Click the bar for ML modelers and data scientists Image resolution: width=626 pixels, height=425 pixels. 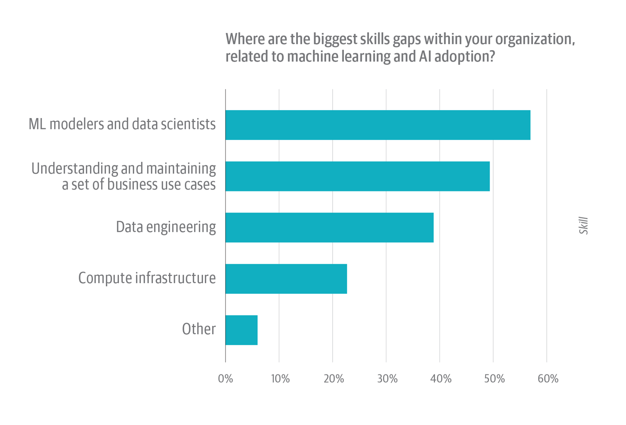pos(378,125)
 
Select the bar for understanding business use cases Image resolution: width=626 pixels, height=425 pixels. pos(358,176)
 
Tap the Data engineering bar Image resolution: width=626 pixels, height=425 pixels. pos(330,227)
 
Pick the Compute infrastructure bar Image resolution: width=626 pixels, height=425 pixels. pos(286,279)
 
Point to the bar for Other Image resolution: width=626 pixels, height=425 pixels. pos(241,330)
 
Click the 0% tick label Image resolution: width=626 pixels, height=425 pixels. pos(225,379)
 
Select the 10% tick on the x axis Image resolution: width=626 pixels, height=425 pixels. pos(280,379)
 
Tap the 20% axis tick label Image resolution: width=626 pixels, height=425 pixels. pos(334,379)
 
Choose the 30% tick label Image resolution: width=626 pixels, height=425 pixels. pos(387,379)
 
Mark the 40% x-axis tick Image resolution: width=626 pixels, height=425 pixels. pos(440,379)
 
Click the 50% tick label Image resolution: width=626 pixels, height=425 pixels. pos(494,379)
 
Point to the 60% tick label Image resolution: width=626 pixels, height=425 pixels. pos(548,379)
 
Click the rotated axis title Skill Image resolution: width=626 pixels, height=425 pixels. pos(584,225)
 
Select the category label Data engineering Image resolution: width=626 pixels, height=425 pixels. pos(166,227)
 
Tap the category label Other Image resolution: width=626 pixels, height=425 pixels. pos(199,329)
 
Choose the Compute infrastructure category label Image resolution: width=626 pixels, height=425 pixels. pos(147,278)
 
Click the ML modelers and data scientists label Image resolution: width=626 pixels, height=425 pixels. pos(122,124)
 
